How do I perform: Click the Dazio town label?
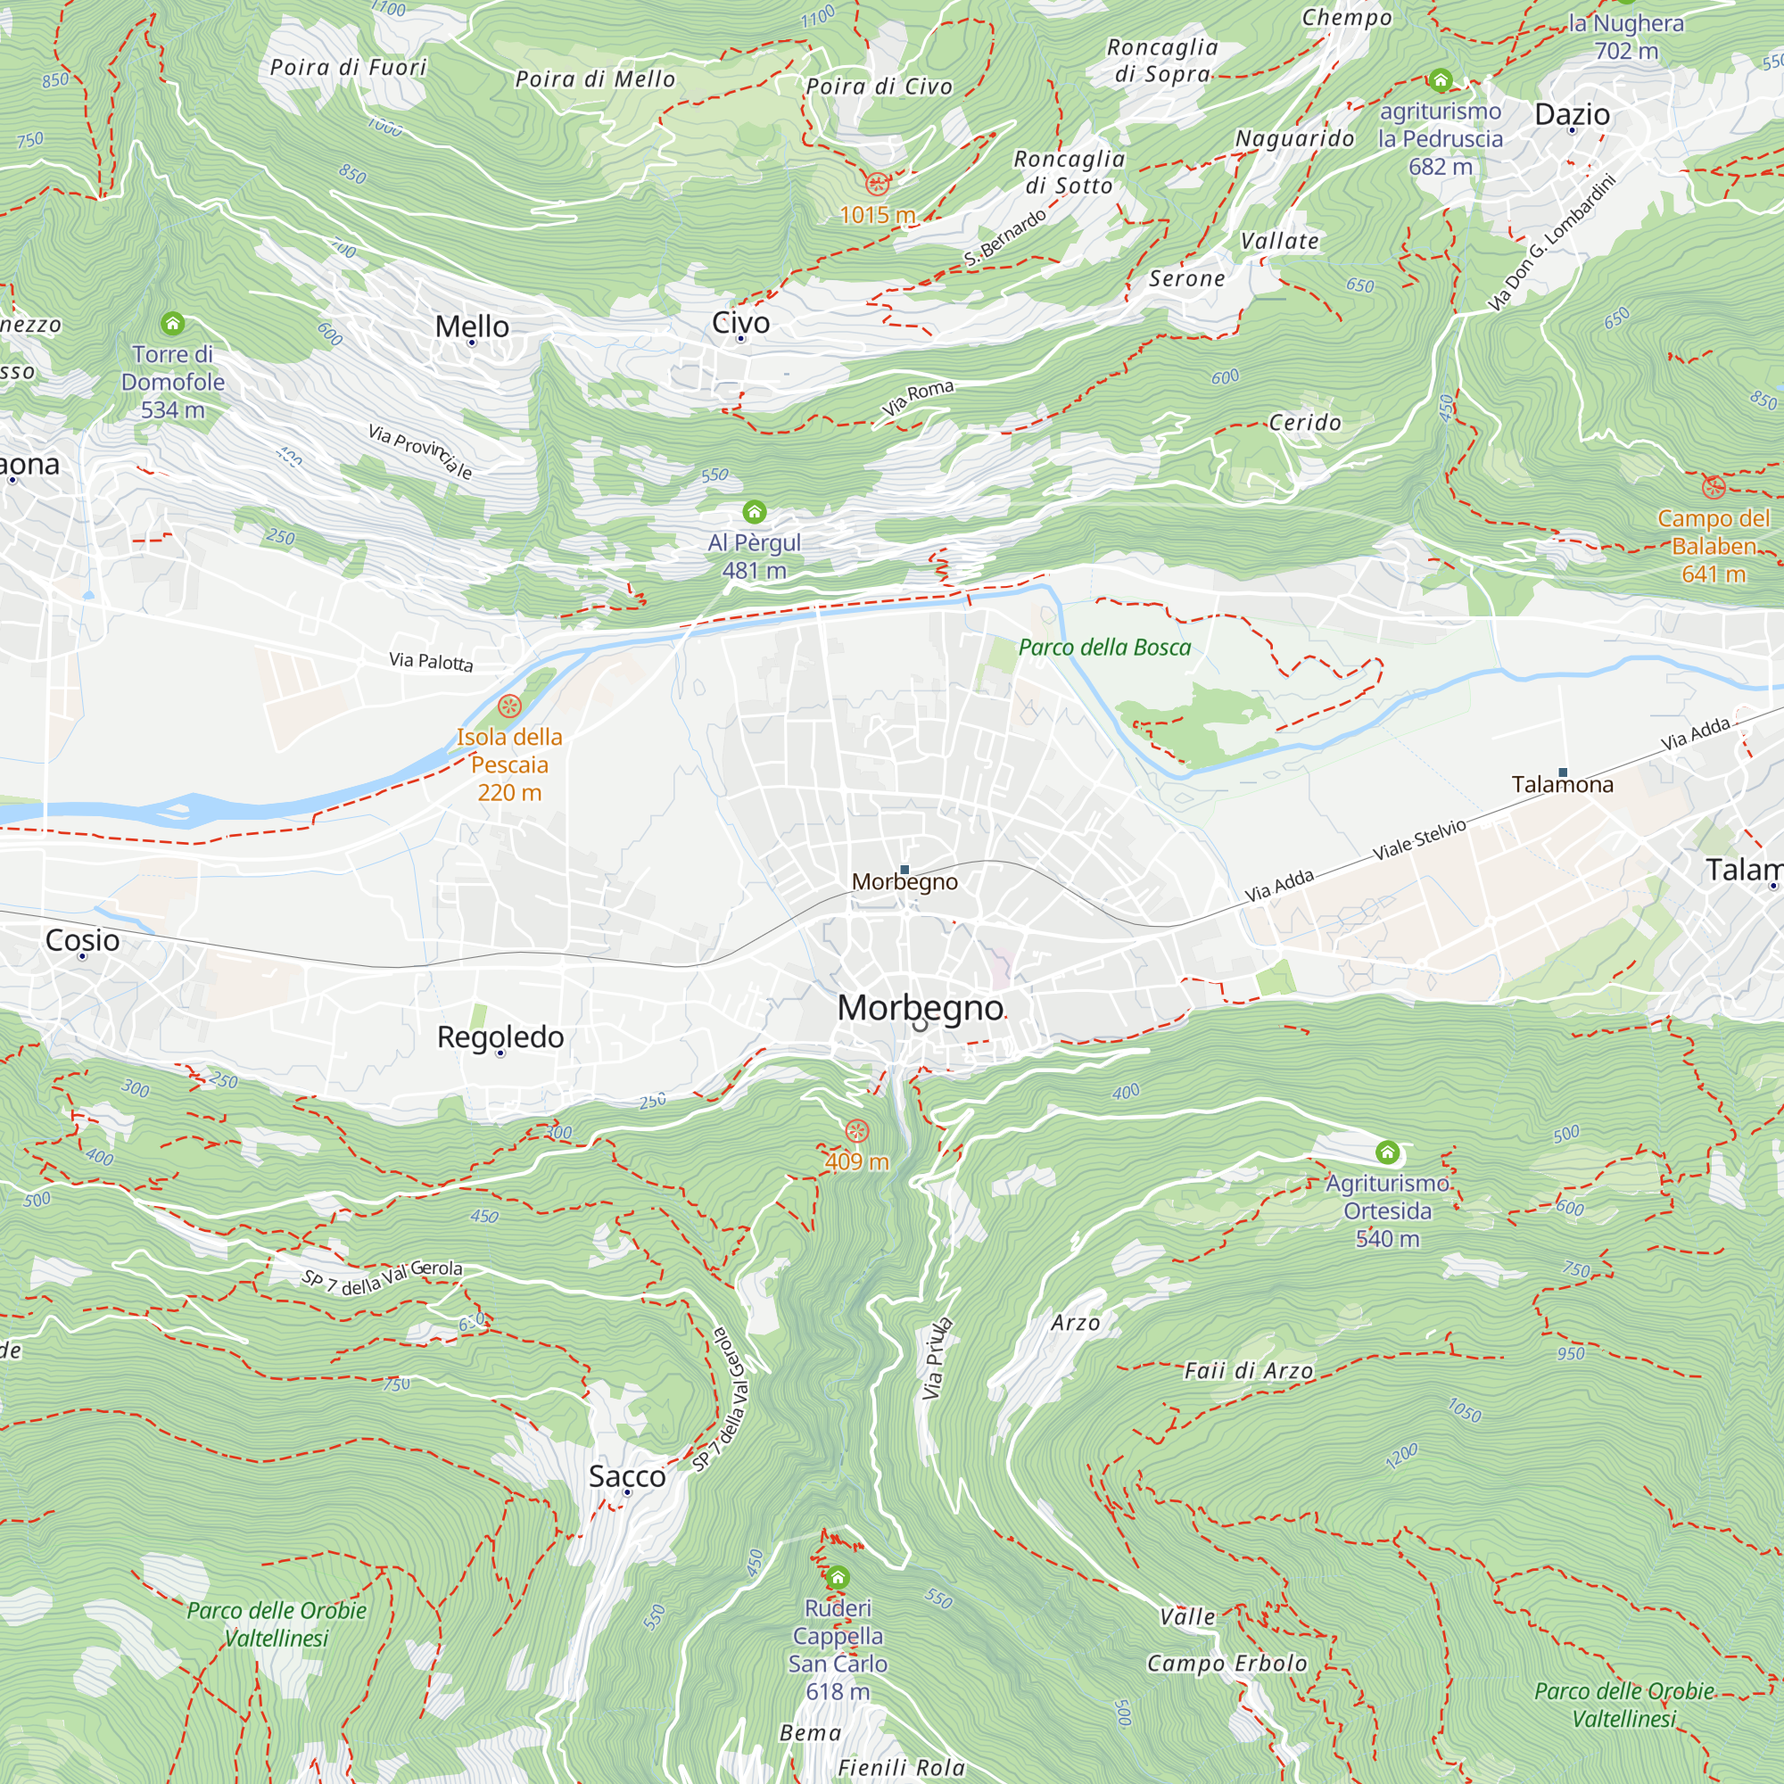tap(1572, 114)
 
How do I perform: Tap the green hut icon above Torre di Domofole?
tap(173, 323)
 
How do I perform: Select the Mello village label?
tap(472, 326)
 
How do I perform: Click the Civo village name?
tap(740, 322)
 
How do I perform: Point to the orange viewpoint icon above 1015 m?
tap(876, 183)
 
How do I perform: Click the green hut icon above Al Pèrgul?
tap(755, 511)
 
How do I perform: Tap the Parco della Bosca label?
tap(1104, 648)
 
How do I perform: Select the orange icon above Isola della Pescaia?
tap(508, 706)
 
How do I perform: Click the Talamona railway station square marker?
tap(1563, 772)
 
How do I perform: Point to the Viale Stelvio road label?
tap(1419, 838)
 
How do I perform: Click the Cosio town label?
tap(82, 940)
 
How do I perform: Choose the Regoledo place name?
tap(500, 1037)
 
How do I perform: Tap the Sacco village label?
tap(627, 1475)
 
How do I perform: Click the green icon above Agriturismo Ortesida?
tap(1387, 1152)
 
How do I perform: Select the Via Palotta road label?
tap(430, 661)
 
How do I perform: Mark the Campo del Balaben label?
tap(1713, 546)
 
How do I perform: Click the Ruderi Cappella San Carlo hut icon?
tap(838, 1577)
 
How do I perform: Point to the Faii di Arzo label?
tap(1249, 1371)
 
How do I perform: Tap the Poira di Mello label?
tap(595, 79)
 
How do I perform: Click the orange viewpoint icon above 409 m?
tap(857, 1131)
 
